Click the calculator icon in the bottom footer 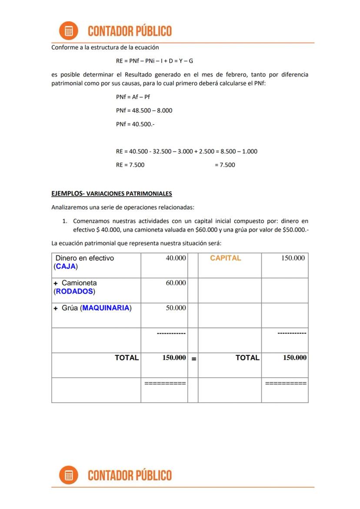tap(68, 475)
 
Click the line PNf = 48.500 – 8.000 tap(144, 110)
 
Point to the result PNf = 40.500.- tap(135, 124)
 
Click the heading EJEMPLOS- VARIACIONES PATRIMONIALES tap(112, 193)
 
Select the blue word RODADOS tap(74, 291)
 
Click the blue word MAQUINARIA tap(106, 308)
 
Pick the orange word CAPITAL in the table tap(225, 258)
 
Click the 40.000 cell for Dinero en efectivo tap(176, 258)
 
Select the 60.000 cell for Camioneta tap(176, 283)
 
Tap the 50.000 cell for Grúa tap(176, 308)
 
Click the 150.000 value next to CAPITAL tap(293, 258)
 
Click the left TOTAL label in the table tap(127, 358)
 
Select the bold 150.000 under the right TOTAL tap(294, 358)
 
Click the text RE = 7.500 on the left tap(130, 165)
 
